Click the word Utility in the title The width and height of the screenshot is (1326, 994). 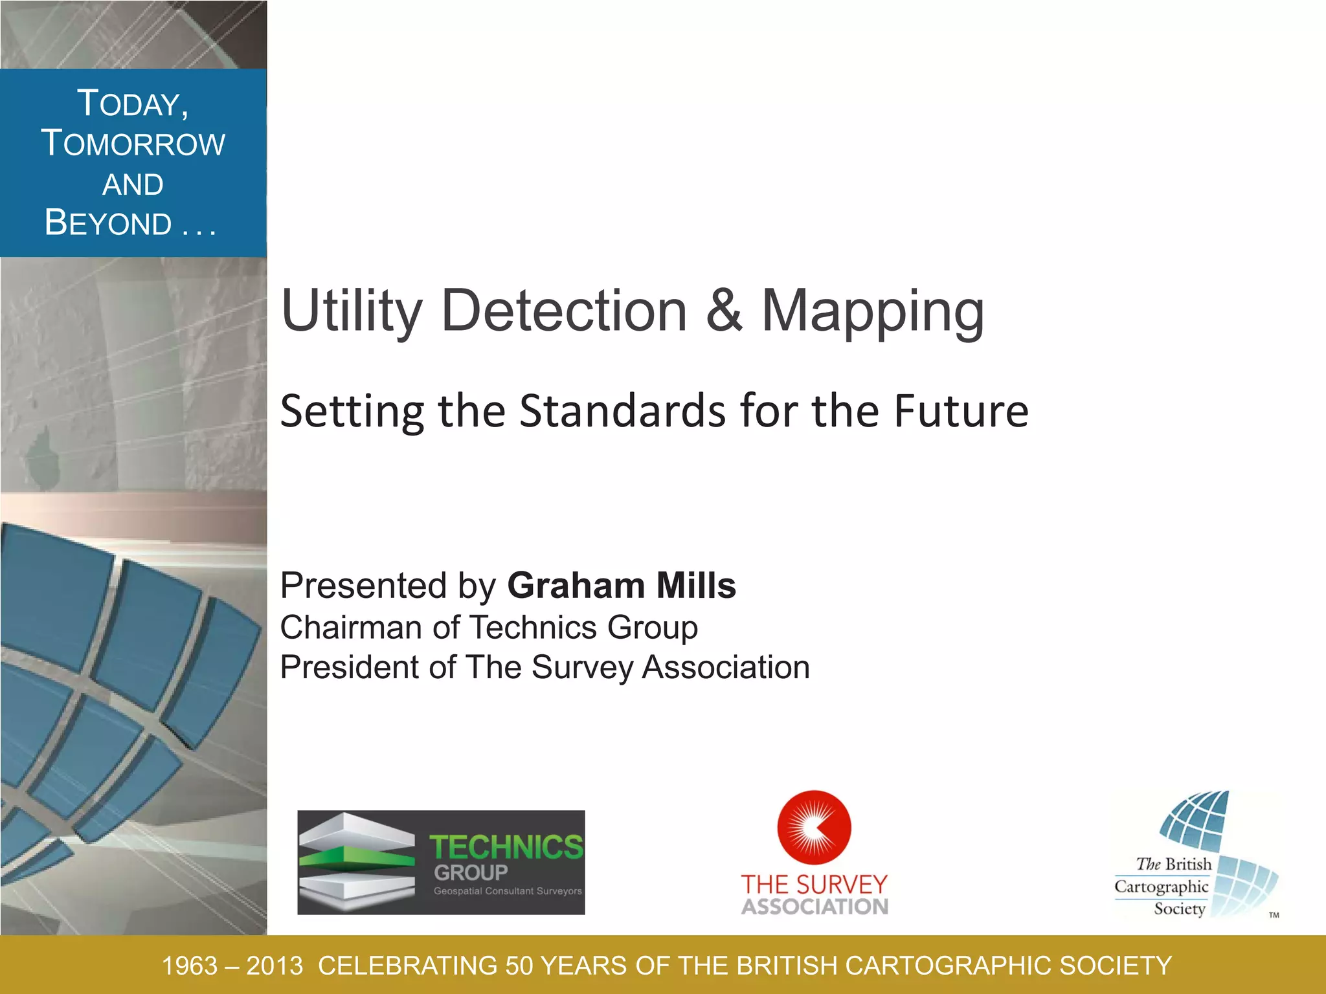pyautogui.click(x=351, y=313)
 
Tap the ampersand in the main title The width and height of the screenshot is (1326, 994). pyautogui.click(x=724, y=311)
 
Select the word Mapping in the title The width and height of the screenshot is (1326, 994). pyautogui.click(x=873, y=313)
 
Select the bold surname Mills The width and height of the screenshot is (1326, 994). pyautogui.click(x=696, y=586)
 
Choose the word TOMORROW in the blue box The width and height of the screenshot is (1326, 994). pyautogui.click(x=133, y=144)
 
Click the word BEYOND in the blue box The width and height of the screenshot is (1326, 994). pyautogui.click(x=108, y=223)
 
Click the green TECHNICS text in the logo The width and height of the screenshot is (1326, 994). pyautogui.click(x=506, y=848)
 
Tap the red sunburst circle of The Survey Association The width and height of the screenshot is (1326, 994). pyautogui.click(x=814, y=827)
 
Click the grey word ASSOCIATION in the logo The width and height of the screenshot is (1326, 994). pyautogui.click(x=815, y=907)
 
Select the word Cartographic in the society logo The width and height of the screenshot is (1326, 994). pyautogui.click(x=1161, y=887)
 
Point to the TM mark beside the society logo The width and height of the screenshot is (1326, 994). pyautogui.click(x=1274, y=915)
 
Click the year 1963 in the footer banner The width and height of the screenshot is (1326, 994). pyautogui.click(x=189, y=966)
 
